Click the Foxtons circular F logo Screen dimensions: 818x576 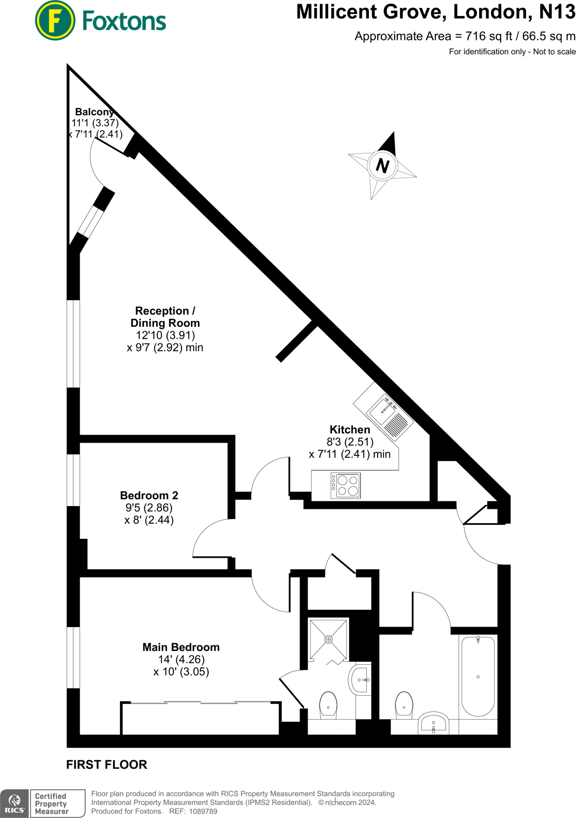[55, 20]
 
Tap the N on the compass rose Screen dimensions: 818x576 [383, 165]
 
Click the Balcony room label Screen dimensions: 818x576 [95, 112]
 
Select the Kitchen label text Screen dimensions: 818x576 [350, 430]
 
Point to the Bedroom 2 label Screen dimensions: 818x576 [149, 496]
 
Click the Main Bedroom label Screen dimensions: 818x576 [181, 647]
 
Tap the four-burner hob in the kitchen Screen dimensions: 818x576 [346, 485]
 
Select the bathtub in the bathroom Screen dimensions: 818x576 [478, 676]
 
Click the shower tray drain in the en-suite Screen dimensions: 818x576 [328, 639]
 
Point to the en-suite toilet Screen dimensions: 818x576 [328, 705]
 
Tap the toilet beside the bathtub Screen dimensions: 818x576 [404, 705]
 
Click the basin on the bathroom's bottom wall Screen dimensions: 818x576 [433, 724]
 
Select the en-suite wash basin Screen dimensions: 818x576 [361, 679]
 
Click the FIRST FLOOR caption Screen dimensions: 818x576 [107, 764]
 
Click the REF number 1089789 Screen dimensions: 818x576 [203, 811]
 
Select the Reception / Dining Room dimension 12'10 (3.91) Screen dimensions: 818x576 [165, 335]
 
